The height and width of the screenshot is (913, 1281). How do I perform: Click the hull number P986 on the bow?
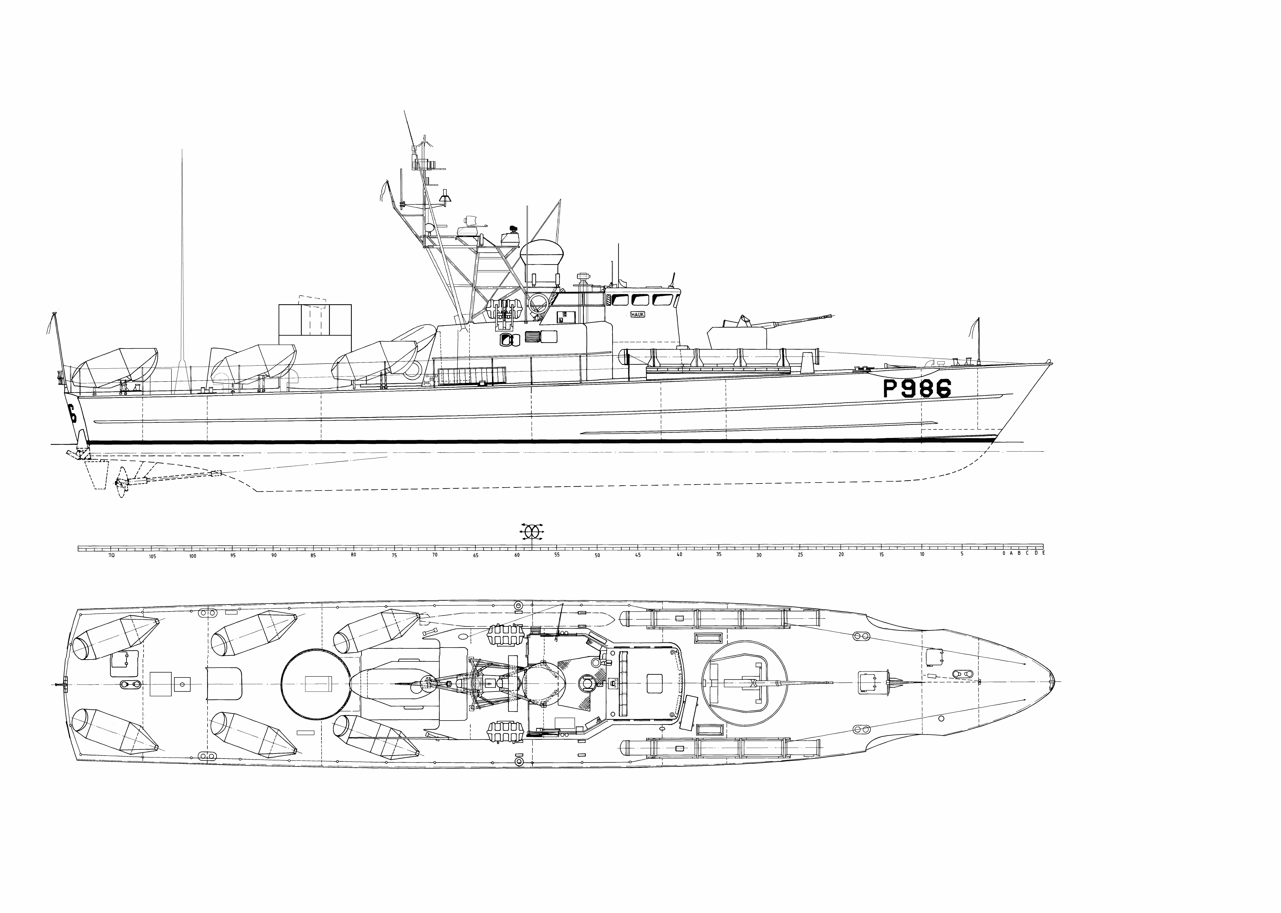917,388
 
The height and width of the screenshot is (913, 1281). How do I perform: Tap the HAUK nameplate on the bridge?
637,315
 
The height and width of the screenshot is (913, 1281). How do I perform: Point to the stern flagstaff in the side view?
57,349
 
